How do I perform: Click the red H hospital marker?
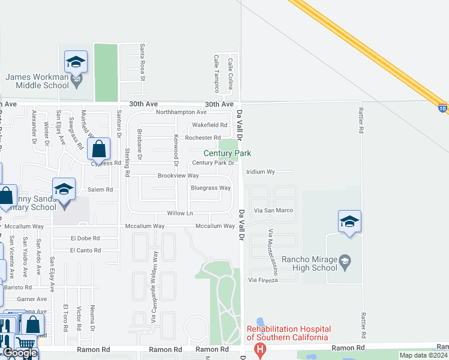(x=260, y=349)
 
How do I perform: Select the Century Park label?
(x=227, y=154)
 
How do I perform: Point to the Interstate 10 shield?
(x=442, y=109)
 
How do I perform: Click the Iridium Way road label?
(x=260, y=172)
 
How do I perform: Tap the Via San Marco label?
(x=274, y=211)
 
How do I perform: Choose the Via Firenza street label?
(x=263, y=280)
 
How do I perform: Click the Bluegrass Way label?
(x=211, y=188)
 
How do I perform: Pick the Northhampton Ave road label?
(x=181, y=112)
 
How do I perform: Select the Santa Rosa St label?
(x=142, y=62)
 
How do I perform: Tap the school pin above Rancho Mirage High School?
(x=349, y=222)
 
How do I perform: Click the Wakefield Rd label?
(x=209, y=125)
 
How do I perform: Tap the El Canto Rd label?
(x=85, y=250)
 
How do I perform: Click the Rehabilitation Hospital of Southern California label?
(x=289, y=333)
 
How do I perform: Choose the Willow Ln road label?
(x=180, y=214)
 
